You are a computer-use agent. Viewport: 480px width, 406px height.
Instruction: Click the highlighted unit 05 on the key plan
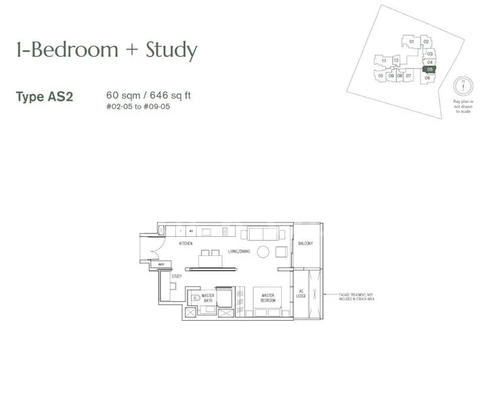429,69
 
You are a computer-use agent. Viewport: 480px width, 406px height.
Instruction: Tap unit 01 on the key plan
412,42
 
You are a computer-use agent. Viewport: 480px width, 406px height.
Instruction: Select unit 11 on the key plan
384,61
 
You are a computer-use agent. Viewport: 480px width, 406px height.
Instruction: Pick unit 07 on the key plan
409,76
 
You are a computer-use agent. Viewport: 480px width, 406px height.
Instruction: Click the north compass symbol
462,87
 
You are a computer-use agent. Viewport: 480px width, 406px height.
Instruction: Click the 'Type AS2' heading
45,96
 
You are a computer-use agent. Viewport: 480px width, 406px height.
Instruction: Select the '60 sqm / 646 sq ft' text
148,95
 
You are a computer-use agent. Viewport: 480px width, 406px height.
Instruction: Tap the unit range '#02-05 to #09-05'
138,107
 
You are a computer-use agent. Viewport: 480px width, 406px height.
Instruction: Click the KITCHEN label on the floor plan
186,242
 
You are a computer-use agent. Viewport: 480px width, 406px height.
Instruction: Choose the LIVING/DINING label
239,252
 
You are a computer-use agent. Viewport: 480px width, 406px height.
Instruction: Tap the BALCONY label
305,244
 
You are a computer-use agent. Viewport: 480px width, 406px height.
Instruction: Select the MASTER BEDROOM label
267,297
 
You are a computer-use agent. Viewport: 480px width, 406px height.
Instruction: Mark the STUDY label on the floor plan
176,276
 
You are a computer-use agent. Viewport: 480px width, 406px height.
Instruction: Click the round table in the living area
263,252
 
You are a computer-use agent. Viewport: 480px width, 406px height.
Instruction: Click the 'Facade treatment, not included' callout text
352,296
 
